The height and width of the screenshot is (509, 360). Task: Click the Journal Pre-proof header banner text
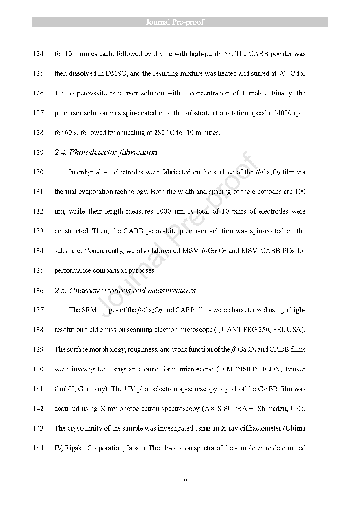[175, 22]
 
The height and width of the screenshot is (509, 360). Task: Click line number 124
[38, 54]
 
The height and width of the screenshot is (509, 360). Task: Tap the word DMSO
[116, 73]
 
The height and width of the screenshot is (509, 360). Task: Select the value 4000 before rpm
[285, 113]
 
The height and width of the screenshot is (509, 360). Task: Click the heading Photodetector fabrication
[113, 152]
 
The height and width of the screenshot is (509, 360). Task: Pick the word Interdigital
[85, 172]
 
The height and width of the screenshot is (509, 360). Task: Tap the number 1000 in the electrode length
[164, 211]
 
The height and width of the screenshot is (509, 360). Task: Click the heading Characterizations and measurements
[132, 290]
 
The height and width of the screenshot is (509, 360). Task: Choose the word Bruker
[295, 369]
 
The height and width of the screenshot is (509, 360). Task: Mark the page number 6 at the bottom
[185, 479]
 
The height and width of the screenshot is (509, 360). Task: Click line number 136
[38, 290]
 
